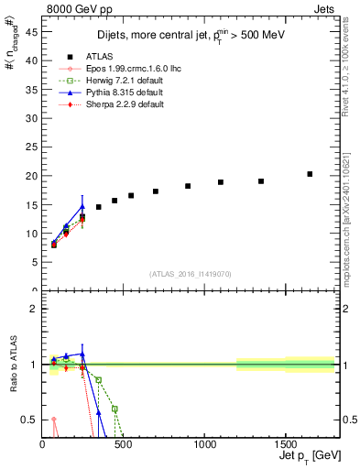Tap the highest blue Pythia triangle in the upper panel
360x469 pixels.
pos(82,206)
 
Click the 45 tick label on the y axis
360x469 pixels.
pos(31,32)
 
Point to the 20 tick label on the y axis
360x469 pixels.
pos(31,176)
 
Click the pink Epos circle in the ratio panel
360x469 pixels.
pos(53,420)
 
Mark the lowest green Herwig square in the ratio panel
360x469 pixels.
pos(115,409)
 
